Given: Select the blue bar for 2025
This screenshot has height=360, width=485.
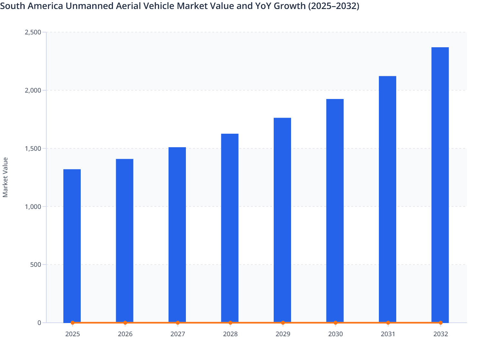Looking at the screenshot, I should click(72, 246).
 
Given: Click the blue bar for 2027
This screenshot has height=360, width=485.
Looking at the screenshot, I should click(177, 235).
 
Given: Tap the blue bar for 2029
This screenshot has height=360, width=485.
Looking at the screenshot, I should click(282, 220).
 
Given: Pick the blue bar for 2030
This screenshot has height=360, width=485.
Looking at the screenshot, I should click(335, 211).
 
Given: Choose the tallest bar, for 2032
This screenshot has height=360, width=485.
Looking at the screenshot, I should click(440, 185).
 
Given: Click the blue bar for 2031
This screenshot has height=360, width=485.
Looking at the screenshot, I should click(388, 199).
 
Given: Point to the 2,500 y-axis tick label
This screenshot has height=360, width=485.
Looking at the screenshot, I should click(33, 32).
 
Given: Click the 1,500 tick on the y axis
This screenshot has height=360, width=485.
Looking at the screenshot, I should click(33, 148).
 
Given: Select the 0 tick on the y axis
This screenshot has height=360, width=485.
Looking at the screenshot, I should click(39, 323).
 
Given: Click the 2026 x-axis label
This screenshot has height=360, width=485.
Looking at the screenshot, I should click(125, 334).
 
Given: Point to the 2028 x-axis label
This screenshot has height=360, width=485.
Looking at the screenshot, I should click(230, 334).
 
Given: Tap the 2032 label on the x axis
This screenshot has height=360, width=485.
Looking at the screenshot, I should click(440, 334).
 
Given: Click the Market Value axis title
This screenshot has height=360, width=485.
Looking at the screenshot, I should click(5, 177).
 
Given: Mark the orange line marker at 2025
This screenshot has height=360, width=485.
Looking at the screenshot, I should click(73, 323).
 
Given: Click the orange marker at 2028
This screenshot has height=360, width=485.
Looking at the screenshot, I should click(230, 323).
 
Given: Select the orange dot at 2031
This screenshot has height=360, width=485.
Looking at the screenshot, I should click(388, 323).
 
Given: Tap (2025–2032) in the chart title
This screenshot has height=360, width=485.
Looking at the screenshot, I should click(334, 6).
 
